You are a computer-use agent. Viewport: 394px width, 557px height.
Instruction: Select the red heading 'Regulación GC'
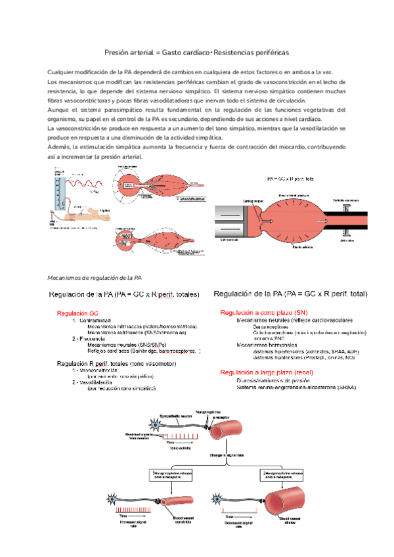78,313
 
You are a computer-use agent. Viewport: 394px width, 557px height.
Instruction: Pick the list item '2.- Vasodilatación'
97,381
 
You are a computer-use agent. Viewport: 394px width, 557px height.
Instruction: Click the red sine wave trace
85,183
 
